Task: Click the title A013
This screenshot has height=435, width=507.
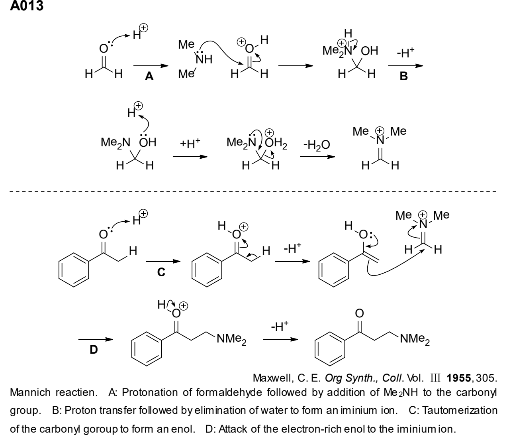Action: (x=27, y=6)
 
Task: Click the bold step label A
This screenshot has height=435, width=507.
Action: (x=149, y=77)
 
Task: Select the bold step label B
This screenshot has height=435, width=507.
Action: (x=403, y=76)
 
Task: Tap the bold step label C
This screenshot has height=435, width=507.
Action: (x=161, y=272)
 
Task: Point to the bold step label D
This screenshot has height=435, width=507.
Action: (x=94, y=350)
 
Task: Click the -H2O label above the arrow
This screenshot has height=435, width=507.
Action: (x=317, y=145)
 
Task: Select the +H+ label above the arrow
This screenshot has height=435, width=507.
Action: (x=190, y=144)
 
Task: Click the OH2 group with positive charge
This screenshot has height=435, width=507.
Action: (x=276, y=142)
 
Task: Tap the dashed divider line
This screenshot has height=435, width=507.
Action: (x=253, y=191)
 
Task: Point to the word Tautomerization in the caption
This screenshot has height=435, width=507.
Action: (x=453, y=410)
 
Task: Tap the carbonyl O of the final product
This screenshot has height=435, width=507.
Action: (x=359, y=313)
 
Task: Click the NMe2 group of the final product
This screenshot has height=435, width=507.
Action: (x=415, y=339)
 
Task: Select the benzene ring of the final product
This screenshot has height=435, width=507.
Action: (x=330, y=349)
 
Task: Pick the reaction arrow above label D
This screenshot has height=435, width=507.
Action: (x=96, y=339)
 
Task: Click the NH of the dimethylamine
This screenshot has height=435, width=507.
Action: (x=204, y=59)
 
